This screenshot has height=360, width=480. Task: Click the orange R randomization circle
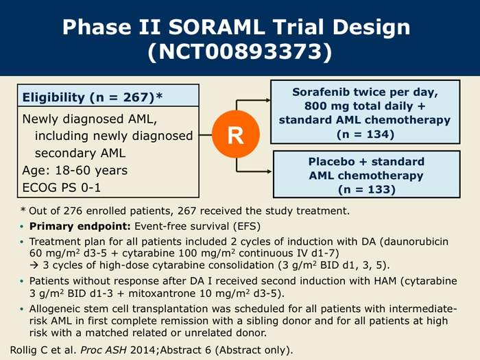236,134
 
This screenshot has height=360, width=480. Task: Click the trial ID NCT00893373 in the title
240,51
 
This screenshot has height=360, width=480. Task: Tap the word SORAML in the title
217,27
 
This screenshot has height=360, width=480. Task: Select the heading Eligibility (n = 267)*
93,97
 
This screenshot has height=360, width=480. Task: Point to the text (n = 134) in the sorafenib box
365,134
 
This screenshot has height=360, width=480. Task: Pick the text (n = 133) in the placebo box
367,189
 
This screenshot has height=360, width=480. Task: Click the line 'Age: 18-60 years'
75,170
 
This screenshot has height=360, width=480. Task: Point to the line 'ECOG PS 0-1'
62,187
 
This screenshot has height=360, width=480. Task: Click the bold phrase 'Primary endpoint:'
80,226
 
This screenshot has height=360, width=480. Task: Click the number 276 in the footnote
73,211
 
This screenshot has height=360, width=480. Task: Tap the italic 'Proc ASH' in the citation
104,350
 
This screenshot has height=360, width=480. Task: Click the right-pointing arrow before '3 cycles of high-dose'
34,265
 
